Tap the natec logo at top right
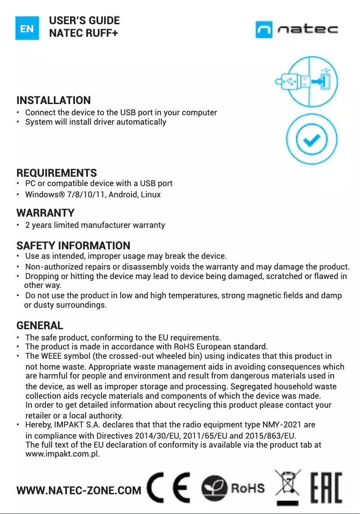(297, 30)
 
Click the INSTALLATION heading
(53, 100)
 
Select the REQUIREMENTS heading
(57, 173)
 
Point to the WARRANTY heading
(45, 212)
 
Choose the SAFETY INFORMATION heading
(73, 245)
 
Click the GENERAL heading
(40, 325)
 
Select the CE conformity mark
(170, 488)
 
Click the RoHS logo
(233, 488)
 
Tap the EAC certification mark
(326, 487)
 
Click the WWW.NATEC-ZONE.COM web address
(79, 491)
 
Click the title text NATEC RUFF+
(83, 33)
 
